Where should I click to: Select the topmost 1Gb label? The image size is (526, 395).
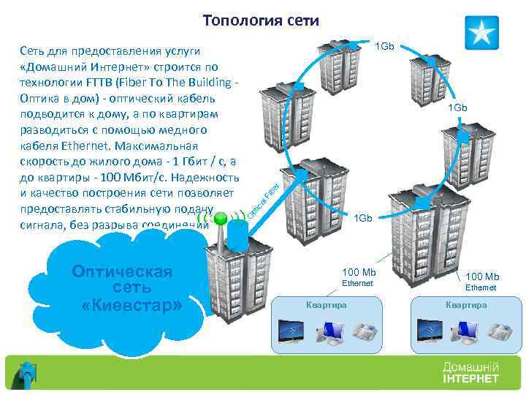click(x=384, y=47)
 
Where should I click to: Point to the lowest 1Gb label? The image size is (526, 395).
click(x=363, y=218)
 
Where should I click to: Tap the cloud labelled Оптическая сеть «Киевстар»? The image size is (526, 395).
click(x=123, y=286)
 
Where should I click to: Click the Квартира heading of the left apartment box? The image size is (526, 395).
click(x=327, y=304)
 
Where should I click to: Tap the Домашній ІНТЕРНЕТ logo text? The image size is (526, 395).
click(x=470, y=372)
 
